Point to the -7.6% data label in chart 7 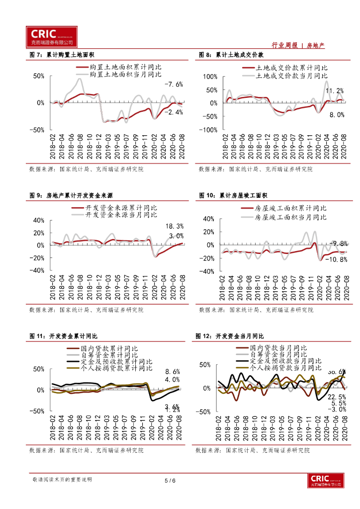(x=174, y=84)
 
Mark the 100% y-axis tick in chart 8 (x=210, y=77)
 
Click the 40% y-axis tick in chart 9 (x=38, y=220)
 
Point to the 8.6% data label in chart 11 (x=172, y=372)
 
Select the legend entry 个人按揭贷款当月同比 (x=286, y=369)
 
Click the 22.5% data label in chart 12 (x=336, y=397)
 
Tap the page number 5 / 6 (x=170, y=481)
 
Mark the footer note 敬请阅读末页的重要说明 (x=62, y=480)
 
